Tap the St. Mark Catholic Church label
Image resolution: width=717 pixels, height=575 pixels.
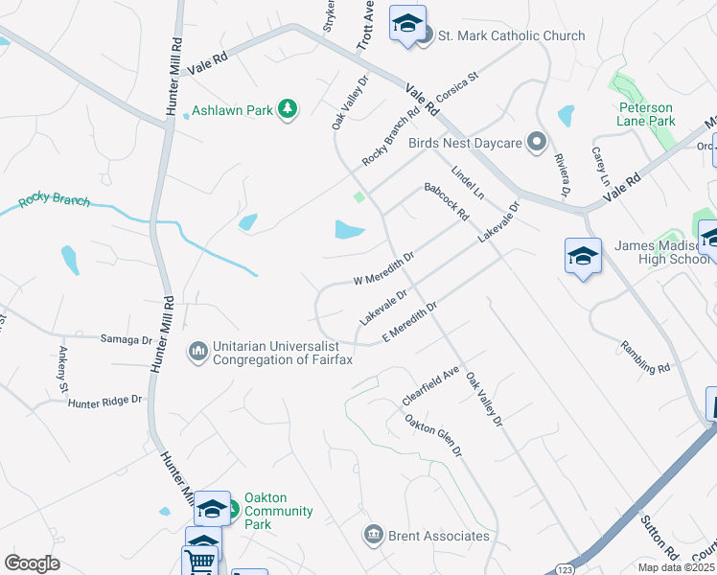(x=512, y=35)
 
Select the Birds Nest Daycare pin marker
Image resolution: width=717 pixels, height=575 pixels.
(x=537, y=143)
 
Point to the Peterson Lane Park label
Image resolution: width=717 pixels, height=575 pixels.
(x=647, y=115)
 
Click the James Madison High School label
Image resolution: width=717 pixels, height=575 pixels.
(x=662, y=253)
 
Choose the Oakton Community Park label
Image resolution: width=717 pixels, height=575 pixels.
(x=278, y=511)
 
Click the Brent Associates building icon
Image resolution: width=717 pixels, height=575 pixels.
(x=374, y=535)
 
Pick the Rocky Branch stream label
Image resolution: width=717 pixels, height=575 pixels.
(x=55, y=202)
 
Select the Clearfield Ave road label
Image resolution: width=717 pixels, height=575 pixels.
(x=431, y=385)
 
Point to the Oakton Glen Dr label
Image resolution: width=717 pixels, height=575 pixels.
(x=433, y=434)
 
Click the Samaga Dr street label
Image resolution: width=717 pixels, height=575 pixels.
(x=127, y=339)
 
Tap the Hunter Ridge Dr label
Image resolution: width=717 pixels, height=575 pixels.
(x=104, y=402)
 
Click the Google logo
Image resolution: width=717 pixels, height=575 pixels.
(x=32, y=563)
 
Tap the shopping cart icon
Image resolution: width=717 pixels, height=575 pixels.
(x=199, y=561)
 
